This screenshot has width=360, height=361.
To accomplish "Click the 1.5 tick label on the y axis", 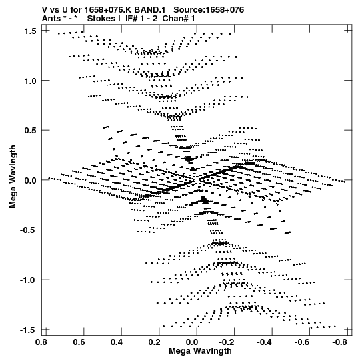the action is (30, 31).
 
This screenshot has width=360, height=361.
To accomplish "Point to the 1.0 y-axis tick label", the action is (30, 81).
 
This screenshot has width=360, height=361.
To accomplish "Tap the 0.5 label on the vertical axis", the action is (30, 131).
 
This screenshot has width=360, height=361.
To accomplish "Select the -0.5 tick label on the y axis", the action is (28, 230).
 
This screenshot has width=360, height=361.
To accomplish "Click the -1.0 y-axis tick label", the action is (28, 280).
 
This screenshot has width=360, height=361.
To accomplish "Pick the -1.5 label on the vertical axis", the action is (28, 330).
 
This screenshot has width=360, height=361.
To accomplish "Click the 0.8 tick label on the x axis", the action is (41, 342).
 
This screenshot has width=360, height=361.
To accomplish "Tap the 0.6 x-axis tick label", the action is (79, 342).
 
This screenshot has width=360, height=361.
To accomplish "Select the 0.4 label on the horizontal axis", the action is (117, 342).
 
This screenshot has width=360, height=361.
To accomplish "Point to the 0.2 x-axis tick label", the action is (155, 342).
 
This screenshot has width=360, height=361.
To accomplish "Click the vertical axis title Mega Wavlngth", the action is (13, 177).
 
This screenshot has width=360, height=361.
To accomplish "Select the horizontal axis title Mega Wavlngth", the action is (200, 351).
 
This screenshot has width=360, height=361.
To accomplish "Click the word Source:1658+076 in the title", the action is (209, 10).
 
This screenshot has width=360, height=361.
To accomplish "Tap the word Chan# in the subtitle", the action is (176, 19).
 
